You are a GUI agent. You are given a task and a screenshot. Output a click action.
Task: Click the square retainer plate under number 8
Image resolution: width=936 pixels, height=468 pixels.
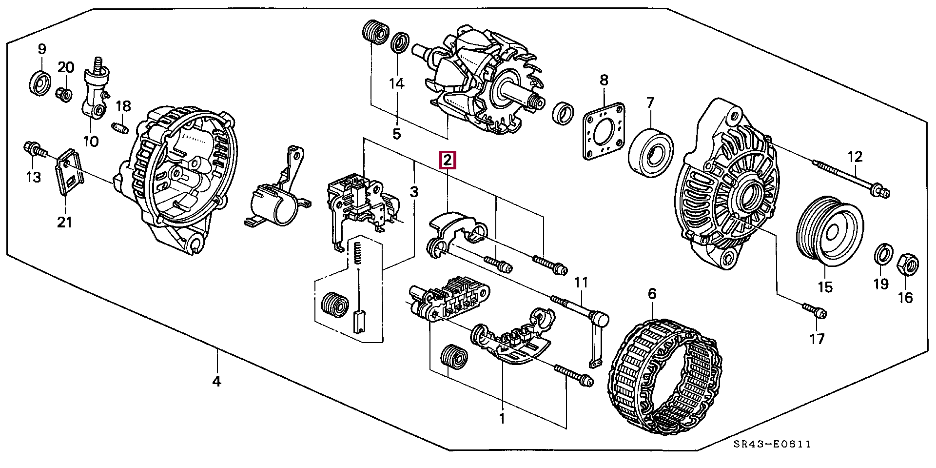pyautogui.click(x=604, y=131)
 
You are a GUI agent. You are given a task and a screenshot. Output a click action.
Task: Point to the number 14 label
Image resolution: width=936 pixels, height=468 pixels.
pyautogui.click(x=397, y=84)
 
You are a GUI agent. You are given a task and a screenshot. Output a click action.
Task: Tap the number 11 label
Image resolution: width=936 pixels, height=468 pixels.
pyautogui.click(x=581, y=282)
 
